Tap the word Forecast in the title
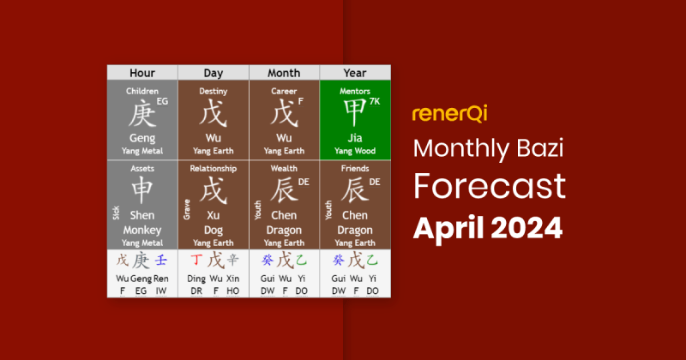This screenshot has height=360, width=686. point(489,185)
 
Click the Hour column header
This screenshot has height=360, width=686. point(141,73)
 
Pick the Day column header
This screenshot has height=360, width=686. point(213,73)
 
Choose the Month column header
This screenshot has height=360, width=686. point(284,73)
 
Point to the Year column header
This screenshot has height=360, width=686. point(355,73)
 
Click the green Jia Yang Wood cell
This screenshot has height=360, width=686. point(355,120)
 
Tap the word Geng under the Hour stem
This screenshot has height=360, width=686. point(141,138)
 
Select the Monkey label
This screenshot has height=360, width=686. point(142,229)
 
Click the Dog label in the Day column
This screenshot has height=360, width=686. point(214,229)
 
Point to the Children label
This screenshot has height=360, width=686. point(141,91)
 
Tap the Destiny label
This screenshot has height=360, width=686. point(213,91)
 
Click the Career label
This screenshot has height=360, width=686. point(284,91)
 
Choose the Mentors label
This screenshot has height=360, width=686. point(355,91)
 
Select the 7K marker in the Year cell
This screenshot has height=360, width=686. point(374,101)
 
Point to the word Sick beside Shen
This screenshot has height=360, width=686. point(113,211)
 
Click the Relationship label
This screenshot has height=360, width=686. point(213,169)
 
